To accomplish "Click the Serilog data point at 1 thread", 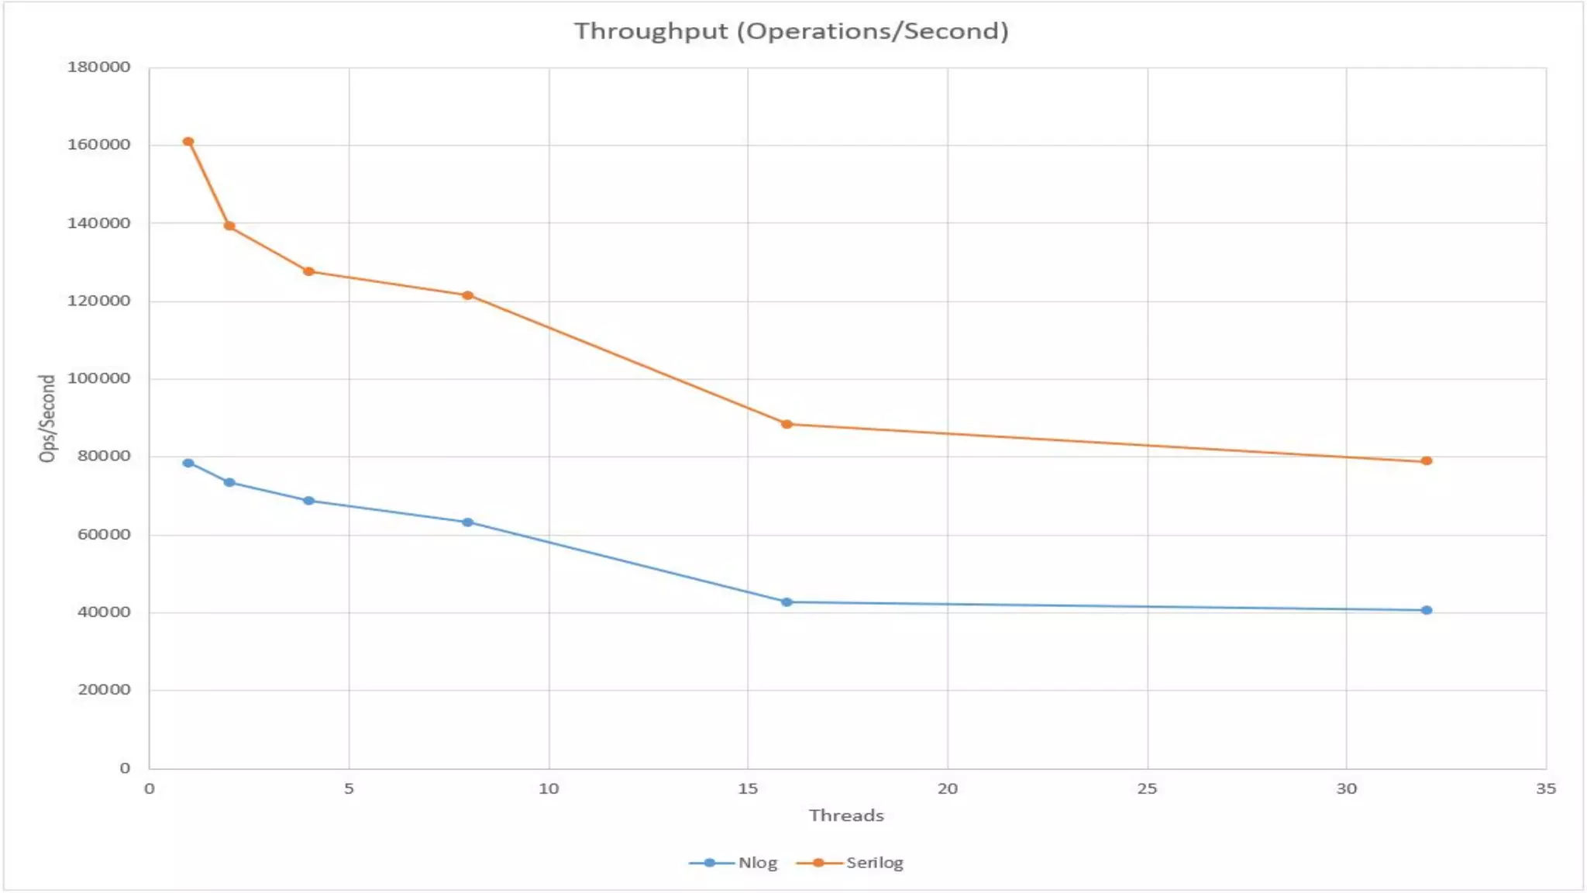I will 188,142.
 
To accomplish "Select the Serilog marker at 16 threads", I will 787,424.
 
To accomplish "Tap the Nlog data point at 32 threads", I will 1427,610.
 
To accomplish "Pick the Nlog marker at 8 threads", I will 467,522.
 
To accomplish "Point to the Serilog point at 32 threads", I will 1427,461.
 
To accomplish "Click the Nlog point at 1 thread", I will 188,464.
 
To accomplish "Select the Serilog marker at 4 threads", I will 308,271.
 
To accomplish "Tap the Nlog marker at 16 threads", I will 787,602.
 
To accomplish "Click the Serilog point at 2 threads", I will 229,226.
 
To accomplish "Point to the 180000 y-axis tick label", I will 98,67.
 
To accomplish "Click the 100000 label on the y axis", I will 98,378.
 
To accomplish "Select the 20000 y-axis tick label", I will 103,690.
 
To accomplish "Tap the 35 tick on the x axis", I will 1545,789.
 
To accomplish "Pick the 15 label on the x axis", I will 748,789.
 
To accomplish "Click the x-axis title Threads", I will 846,815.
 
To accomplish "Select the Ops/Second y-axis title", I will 48,419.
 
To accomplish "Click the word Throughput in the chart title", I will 651,31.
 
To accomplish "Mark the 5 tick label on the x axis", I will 349,789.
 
